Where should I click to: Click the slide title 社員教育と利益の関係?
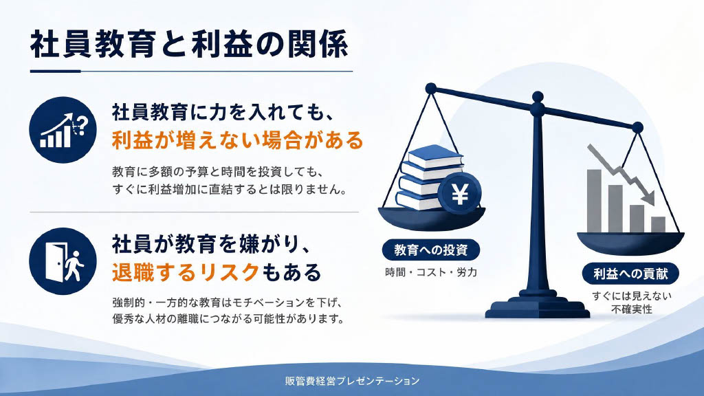[x=189, y=44]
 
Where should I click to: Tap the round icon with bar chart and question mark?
[x=63, y=130]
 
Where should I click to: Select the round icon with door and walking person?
[x=63, y=261]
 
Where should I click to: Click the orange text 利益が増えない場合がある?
[x=237, y=140]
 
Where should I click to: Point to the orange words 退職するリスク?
[x=186, y=272]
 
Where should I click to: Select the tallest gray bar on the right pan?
[x=594, y=201]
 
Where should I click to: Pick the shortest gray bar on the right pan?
[x=658, y=225]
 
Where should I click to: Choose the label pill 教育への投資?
[x=431, y=250]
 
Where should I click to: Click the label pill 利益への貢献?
[x=630, y=274]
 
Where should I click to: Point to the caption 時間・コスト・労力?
[x=431, y=272]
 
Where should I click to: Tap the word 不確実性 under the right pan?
[x=631, y=309]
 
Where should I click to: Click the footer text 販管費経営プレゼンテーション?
[x=353, y=381]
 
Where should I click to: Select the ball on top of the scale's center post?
[x=538, y=96]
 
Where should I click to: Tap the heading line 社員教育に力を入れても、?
[x=223, y=112]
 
